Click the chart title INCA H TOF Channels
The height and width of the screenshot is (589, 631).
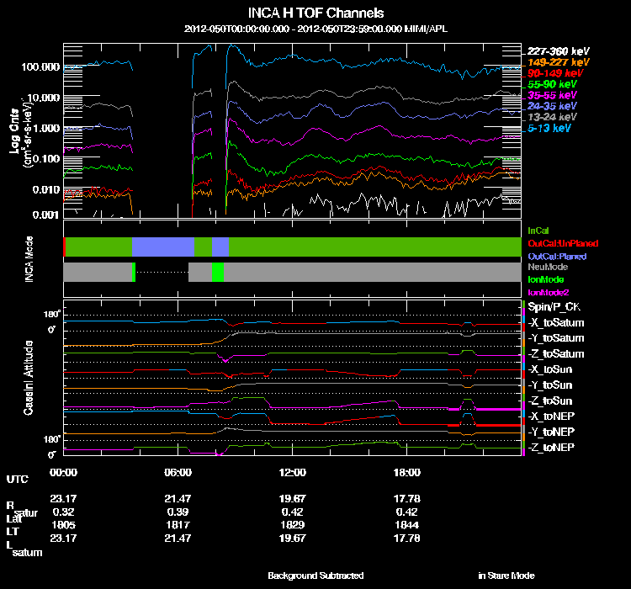[315, 13]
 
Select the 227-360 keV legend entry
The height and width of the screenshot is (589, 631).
[554, 51]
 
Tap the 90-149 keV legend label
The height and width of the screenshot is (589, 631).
[552, 73]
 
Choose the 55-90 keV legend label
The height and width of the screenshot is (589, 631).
[551, 84]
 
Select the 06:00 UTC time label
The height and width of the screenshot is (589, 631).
[178, 472]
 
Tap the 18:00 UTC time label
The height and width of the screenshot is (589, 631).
[407, 472]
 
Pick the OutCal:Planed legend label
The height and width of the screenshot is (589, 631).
[556, 255]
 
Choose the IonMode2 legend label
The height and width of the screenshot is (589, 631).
[548, 290]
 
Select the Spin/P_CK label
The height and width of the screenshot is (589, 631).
[554, 307]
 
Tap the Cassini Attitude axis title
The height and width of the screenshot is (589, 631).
[29, 377]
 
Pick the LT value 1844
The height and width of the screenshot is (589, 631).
[407, 524]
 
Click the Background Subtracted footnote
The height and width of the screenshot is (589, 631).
[315, 576]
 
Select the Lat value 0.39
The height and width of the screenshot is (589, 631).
[178, 512]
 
